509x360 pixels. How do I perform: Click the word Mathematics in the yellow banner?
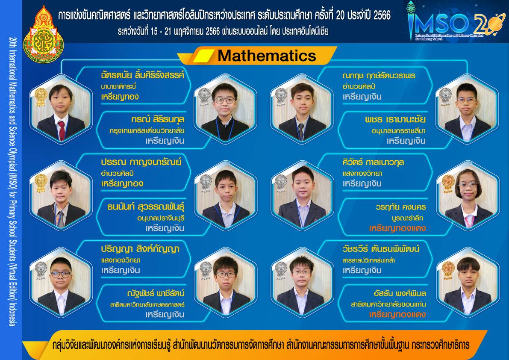tap(267, 56)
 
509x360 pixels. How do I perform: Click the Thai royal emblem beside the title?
tap(43, 34)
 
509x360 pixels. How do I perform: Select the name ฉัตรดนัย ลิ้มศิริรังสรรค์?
tap(142, 75)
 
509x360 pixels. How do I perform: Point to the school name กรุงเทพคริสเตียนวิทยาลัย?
tap(147, 131)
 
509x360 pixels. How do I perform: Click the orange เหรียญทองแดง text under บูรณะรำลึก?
tap(397, 228)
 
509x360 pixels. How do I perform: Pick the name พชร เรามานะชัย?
tap(395, 119)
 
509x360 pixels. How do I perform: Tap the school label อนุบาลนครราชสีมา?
tap(398, 131)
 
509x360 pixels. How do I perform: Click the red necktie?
tap(62, 130)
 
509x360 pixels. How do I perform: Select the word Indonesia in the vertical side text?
tap(12, 314)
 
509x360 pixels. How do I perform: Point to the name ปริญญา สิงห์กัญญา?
tap(140, 249)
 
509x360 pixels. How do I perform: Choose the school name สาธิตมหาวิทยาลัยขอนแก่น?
tap(388, 304)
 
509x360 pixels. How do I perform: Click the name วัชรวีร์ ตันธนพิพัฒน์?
tap(381, 249)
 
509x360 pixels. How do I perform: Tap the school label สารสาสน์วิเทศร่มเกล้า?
tap(368, 260)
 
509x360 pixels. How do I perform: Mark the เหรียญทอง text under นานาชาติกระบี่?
tap(120, 97)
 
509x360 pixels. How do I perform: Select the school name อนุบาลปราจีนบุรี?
tap(161, 218)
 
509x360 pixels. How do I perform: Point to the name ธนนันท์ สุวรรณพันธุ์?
tap(146, 207)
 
